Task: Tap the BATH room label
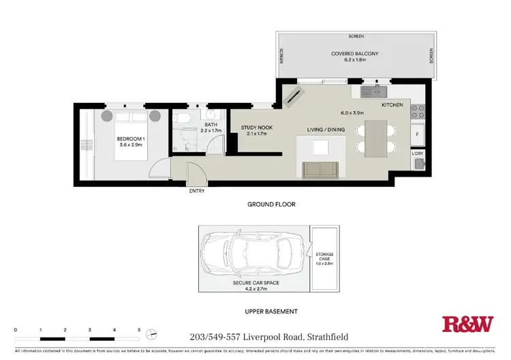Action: (211, 125)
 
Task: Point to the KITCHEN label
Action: (392, 105)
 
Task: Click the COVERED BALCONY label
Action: (354, 53)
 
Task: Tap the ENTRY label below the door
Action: (196, 191)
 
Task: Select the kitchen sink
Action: (375, 89)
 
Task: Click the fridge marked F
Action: (418, 134)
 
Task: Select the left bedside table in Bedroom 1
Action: (107, 115)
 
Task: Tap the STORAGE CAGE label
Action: (325, 257)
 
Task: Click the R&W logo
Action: (467, 323)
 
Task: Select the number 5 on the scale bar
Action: (139, 329)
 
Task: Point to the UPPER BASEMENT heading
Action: (271, 311)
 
